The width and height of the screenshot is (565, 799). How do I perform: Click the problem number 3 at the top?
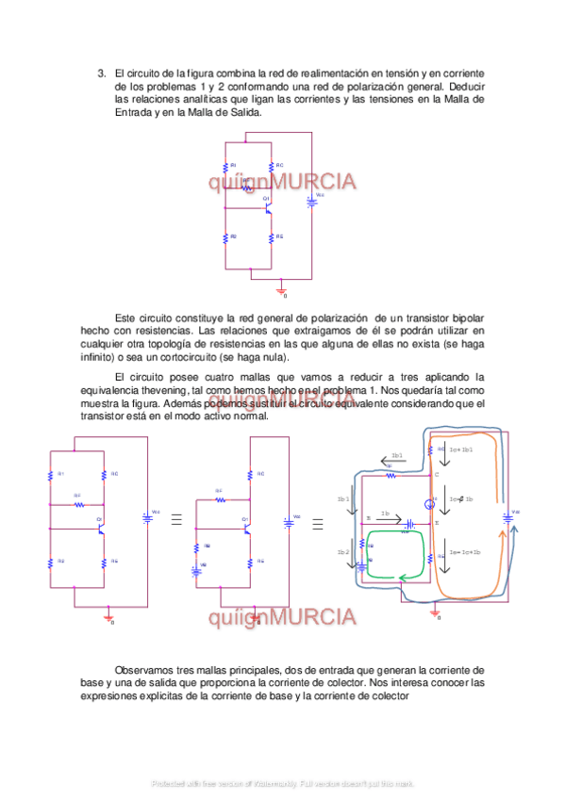tap(102, 73)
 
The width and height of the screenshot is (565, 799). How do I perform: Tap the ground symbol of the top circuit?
tap(279, 288)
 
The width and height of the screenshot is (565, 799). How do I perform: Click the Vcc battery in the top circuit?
tap(312, 200)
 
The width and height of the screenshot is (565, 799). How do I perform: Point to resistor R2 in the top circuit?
tap(226, 236)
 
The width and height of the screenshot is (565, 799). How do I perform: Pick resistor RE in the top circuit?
tap(271, 236)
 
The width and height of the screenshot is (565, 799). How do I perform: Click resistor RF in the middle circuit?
tap(220, 499)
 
